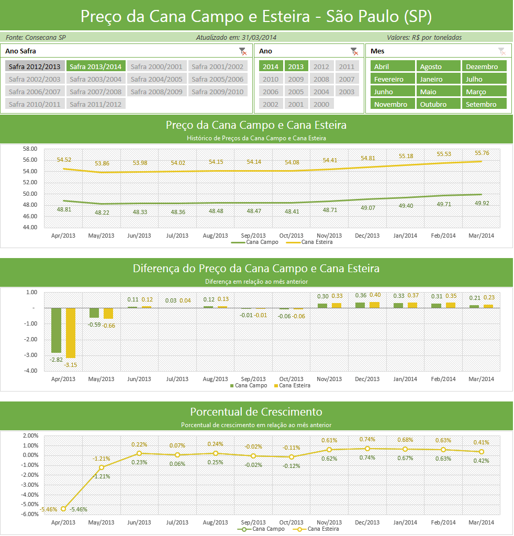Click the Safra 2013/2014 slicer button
[96, 66]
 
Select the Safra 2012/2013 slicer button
[35, 66]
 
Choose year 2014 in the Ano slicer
[271, 66]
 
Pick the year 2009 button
[296, 79]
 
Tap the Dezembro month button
[484, 66]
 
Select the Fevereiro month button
[393, 79]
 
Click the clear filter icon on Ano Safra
[243, 51]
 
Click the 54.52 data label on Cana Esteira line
[64, 160]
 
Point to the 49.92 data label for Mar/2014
[482, 203]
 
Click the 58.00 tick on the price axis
[30, 149]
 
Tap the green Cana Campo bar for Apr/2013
[56, 330]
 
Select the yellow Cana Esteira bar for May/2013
[108, 314]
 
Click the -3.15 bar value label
[71, 365]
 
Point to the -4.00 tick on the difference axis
[30, 371]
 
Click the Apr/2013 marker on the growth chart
[63, 509]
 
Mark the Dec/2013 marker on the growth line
[367, 449]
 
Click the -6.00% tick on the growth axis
[30, 514]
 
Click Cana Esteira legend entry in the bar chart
[292, 386]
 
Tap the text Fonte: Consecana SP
[36, 37]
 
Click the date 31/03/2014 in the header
[259, 37]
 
